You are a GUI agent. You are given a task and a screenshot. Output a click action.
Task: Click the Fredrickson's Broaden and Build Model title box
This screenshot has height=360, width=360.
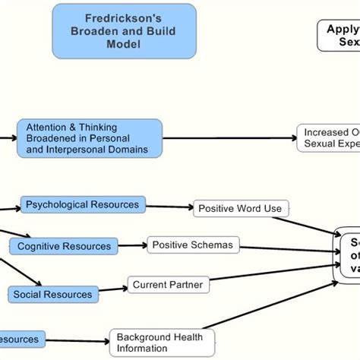pyautogui.click(x=124, y=31)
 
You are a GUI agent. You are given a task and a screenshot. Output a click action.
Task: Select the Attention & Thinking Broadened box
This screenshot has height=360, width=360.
pyautogui.click(x=89, y=138)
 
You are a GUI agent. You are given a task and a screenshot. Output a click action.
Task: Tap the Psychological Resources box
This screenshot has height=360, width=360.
pyautogui.click(x=83, y=204)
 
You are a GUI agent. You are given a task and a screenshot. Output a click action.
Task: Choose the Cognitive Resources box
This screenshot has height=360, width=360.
pyautogui.click(x=64, y=246)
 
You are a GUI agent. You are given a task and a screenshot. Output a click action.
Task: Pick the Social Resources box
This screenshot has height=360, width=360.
pyautogui.click(x=53, y=294)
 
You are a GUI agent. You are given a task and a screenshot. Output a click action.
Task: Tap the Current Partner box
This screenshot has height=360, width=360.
pyautogui.click(x=168, y=285)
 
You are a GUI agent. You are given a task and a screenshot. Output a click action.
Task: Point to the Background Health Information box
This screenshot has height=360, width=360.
pyautogui.click(x=162, y=343)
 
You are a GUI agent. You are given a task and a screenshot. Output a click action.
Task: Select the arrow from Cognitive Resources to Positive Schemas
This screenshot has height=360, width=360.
pyautogui.click(x=132, y=245)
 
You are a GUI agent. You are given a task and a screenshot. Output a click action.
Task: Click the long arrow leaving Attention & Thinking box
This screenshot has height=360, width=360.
pyautogui.click(x=228, y=138)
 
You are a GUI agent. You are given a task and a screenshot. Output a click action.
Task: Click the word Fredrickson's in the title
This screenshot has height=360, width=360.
pyautogui.click(x=124, y=17)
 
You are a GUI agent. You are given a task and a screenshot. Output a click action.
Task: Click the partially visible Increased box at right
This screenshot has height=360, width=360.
pyautogui.click(x=327, y=137)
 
